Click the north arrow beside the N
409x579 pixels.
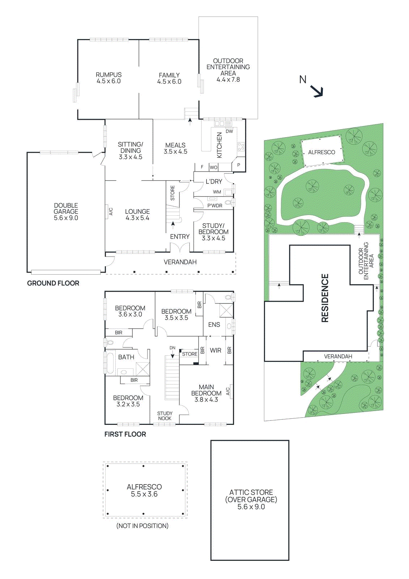tap(317, 92)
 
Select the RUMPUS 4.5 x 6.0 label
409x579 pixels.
tap(108, 78)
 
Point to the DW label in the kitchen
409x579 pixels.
tap(229, 131)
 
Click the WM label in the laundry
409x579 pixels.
tap(217, 192)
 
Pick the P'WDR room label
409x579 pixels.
tap(215, 206)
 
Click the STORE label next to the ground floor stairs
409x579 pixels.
tap(172, 193)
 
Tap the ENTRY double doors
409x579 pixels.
tap(180, 248)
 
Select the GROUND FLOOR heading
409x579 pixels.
tap(53, 283)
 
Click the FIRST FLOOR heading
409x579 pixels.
tap(125, 434)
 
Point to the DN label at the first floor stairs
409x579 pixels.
tap(172, 348)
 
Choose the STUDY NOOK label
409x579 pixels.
tap(165, 416)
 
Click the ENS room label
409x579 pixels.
tap(214, 325)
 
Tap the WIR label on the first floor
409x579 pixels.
tap(216, 350)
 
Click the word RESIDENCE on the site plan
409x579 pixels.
tap(325, 298)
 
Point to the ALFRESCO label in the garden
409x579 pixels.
tap(321, 152)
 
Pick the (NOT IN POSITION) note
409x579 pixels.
tap(142, 526)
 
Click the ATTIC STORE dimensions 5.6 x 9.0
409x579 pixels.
tap(251, 507)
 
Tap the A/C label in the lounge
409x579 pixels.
tap(111, 211)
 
